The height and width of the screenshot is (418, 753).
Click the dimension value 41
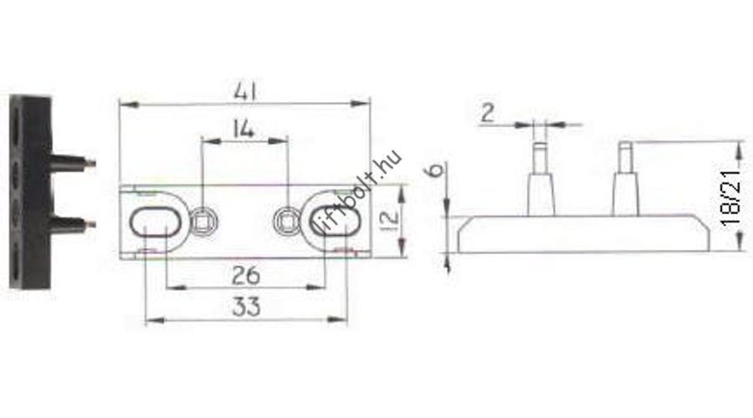[245, 91]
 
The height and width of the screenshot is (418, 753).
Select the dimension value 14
[243, 129]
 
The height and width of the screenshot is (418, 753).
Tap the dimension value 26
[246, 276]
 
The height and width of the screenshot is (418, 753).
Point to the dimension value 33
[246, 307]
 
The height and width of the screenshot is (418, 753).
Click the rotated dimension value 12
[390, 218]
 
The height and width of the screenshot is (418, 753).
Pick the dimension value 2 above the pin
[488, 113]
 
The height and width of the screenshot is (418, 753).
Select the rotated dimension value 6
[436, 169]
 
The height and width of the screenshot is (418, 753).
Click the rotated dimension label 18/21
[731, 198]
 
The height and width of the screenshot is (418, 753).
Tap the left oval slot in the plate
[155, 222]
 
